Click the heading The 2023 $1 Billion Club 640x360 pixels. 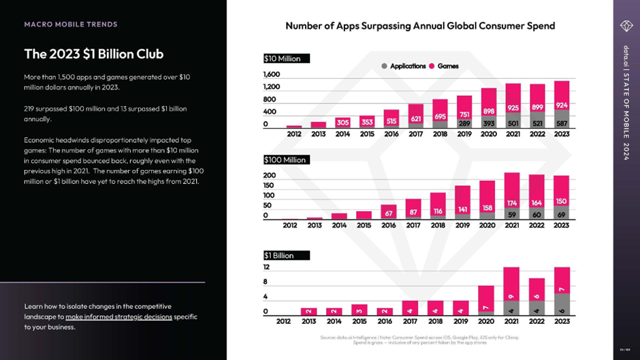point(93,54)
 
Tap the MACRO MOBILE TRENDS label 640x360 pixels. point(71,24)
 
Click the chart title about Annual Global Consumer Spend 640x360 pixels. point(420,26)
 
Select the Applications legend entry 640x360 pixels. point(407,66)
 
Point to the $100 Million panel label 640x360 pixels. point(286,159)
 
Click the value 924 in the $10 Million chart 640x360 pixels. point(562,105)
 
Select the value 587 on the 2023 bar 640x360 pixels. point(562,123)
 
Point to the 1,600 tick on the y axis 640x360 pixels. point(272,74)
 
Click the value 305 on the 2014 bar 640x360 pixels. point(343,123)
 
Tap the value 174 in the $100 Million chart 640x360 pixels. point(513,203)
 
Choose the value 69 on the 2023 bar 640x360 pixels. point(562,214)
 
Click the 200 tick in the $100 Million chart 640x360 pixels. point(270,175)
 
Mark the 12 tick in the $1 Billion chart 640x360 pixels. point(267,267)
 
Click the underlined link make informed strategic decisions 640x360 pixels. point(118,316)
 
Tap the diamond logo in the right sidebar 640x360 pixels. point(626,26)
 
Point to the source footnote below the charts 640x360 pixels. point(419,340)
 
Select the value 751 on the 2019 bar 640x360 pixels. point(464,114)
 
